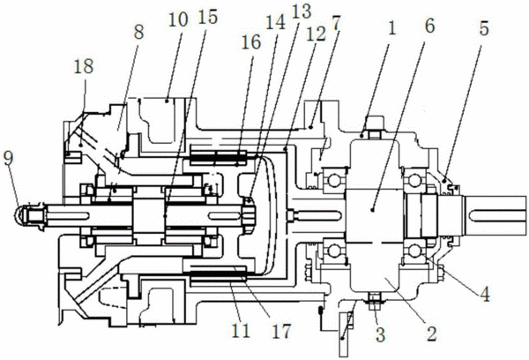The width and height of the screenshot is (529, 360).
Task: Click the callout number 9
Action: pyautogui.click(x=9, y=159)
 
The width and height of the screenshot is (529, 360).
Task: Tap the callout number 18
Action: pyautogui.click(x=84, y=66)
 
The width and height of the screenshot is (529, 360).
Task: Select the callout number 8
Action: pyautogui.click(x=138, y=32)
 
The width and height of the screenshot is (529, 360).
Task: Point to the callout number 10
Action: pyautogui.click(x=178, y=20)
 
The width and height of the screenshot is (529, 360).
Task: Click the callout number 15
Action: pyautogui.click(x=207, y=17)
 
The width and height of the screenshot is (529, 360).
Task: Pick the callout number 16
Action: pyautogui.click(x=251, y=42)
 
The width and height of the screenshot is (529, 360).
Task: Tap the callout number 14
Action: pyautogui.click(x=276, y=23)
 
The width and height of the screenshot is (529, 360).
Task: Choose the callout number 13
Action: pyautogui.click(x=301, y=11)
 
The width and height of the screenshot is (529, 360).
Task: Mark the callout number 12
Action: pyautogui.click(x=316, y=34)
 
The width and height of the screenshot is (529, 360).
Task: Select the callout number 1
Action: pyautogui.click(x=391, y=28)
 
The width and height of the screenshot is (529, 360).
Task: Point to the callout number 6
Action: pyautogui.click(x=429, y=26)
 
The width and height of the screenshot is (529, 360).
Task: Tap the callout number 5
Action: pyautogui.click(x=484, y=29)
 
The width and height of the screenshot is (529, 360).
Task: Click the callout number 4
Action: pyautogui.click(x=485, y=294)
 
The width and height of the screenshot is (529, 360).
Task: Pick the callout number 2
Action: pyautogui.click(x=432, y=334)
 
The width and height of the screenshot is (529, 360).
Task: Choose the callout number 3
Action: pyautogui.click(x=381, y=334)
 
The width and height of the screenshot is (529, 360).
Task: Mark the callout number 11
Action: pyautogui.click(x=241, y=331)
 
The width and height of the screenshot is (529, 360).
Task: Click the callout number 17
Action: pyautogui.click(x=280, y=331)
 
